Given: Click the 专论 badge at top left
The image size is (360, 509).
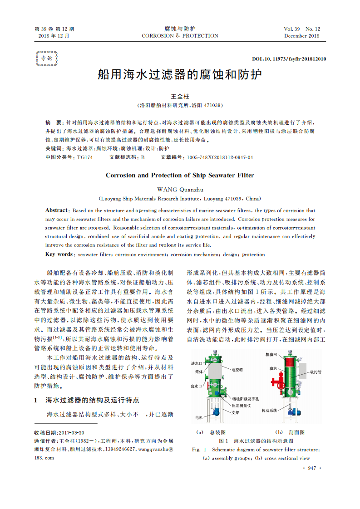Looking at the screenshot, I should tap(46, 59).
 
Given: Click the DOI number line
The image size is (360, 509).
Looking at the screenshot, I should tap(289, 59).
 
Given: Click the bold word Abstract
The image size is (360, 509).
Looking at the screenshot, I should tap(56, 210).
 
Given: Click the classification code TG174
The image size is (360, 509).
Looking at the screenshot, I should tap(85, 157).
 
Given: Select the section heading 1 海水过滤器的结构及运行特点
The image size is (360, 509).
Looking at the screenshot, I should tap(86, 400).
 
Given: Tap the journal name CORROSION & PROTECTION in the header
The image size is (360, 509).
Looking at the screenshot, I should tap(180, 36).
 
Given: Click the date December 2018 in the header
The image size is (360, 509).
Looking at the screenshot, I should tap(302, 36).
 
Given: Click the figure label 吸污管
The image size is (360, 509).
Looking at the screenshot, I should tap(316, 372).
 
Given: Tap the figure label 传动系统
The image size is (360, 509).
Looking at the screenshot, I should tap(269, 410).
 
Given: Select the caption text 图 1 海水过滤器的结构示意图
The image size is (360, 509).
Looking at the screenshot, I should tap(256, 441).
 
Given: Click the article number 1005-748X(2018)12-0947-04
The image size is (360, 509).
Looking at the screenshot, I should tap(220, 157).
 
